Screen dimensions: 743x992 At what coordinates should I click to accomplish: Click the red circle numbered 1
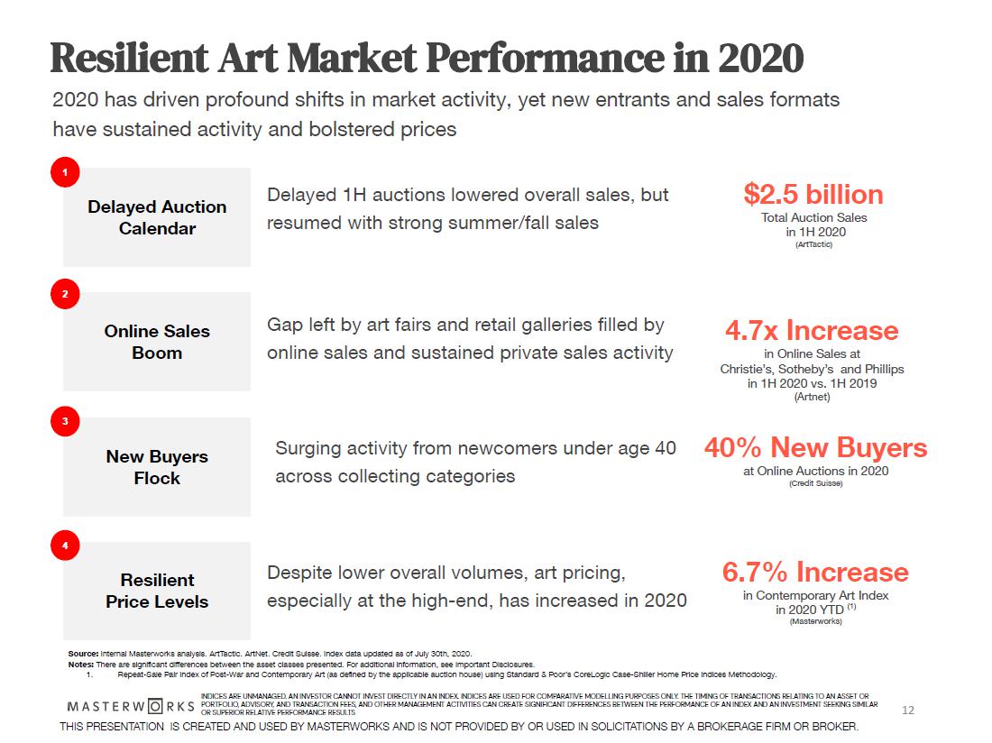(65, 172)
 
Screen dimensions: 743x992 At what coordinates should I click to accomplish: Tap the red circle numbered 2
(65, 294)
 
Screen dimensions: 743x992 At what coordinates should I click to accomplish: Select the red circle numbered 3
(65, 420)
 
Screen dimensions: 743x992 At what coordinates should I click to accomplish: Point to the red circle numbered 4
(65, 545)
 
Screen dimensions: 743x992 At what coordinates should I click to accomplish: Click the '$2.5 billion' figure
(813, 194)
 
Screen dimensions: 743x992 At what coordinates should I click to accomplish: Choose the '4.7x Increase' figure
(812, 330)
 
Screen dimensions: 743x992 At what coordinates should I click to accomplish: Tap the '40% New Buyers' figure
(815, 447)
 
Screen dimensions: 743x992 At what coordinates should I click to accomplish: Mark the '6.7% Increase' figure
(815, 572)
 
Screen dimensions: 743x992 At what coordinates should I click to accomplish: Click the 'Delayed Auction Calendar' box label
(157, 217)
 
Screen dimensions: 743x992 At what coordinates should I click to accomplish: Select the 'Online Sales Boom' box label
(157, 342)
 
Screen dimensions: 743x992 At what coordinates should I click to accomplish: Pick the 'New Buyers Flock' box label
(157, 467)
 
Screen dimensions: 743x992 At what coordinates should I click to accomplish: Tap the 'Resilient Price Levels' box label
(157, 591)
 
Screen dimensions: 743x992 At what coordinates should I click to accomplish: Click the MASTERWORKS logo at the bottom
(131, 704)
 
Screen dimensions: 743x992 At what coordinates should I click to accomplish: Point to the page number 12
(908, 711)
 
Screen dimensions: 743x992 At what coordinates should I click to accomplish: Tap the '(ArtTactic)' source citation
(813, 244)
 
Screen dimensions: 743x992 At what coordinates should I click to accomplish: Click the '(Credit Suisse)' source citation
(815, 483)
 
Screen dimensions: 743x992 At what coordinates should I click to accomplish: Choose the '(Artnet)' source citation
(812, 397)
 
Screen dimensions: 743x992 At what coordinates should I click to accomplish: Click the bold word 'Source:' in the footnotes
(83, 653)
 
